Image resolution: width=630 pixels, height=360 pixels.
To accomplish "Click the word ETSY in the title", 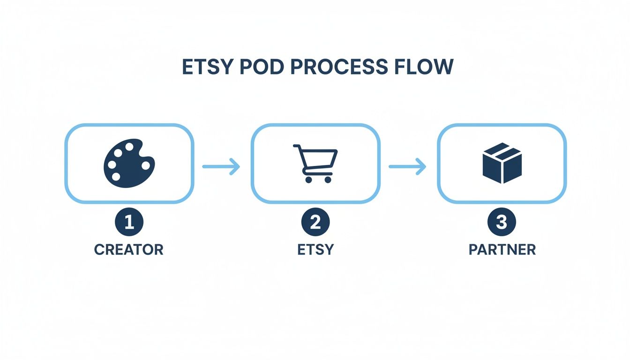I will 207,67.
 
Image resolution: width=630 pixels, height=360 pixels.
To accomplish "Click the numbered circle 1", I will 129,222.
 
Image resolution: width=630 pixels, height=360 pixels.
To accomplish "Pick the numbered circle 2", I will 315,222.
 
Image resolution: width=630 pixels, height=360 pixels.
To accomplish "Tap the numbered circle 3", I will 502,222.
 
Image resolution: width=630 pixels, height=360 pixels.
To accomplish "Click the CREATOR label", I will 129,249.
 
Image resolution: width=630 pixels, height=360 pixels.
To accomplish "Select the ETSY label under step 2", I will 315,249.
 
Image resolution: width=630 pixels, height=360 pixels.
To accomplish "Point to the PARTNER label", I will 502,249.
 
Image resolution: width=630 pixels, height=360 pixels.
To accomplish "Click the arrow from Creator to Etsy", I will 221,166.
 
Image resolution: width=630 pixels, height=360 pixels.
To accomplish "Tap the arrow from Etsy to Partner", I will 407,166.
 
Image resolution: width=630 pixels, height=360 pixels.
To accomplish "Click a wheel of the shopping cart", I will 307,180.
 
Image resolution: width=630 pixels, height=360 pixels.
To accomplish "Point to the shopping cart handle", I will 297,147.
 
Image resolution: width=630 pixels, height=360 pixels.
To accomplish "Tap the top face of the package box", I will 502,151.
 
